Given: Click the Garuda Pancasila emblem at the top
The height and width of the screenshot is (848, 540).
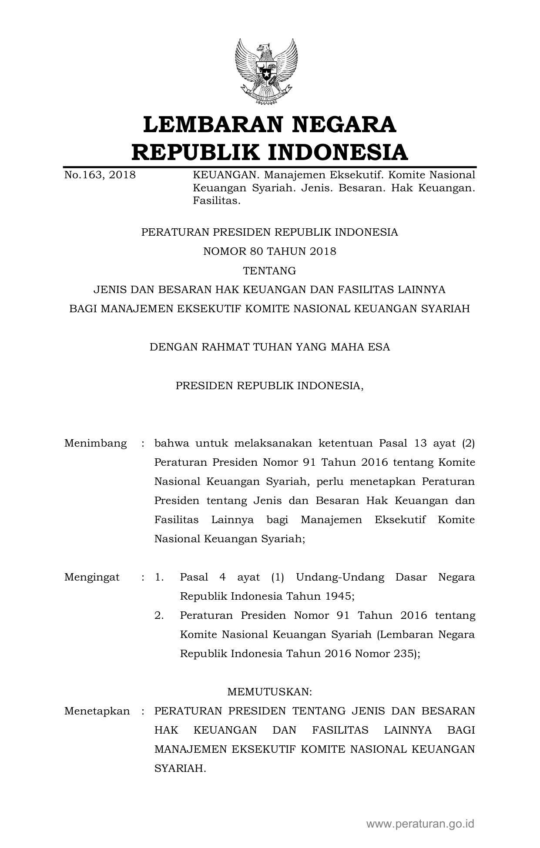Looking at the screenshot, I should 266,72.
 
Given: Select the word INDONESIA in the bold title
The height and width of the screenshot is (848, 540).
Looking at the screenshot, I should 337,152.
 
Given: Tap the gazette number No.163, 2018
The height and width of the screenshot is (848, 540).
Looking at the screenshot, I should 100,175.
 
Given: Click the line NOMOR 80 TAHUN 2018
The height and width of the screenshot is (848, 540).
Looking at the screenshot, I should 270,251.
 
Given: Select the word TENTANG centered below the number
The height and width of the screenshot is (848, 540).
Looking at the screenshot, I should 270,271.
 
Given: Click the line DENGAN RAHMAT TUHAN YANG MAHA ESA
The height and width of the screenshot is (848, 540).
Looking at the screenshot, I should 270,347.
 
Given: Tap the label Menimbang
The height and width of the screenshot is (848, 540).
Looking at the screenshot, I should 95,444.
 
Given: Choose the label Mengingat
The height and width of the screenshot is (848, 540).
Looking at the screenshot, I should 92,578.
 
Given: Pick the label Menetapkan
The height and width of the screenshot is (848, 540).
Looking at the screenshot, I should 97,711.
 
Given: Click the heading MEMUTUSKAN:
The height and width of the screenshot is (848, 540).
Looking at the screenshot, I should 270,692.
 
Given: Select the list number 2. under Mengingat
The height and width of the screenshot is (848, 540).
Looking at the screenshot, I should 159,616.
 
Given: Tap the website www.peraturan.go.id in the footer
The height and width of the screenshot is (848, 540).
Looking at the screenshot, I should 420,823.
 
